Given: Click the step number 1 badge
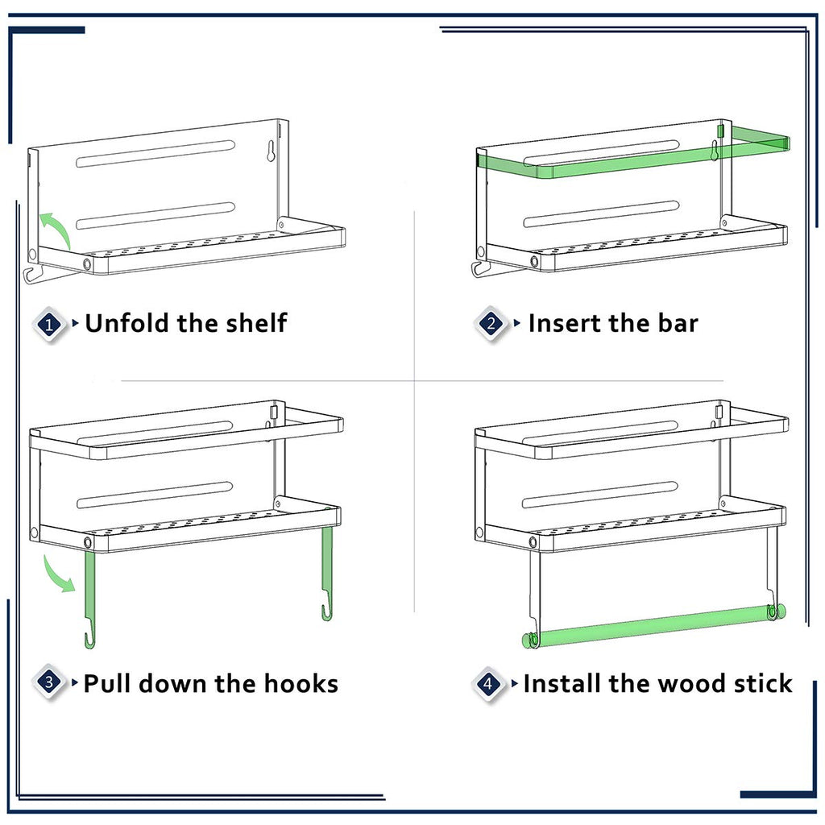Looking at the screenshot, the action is coord(49,324).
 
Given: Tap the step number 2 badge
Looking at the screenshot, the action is coord(491,323).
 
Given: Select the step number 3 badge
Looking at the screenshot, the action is coord(49,682).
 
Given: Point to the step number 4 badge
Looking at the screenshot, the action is coord(488,683).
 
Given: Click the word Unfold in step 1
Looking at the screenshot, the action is coord(128,323).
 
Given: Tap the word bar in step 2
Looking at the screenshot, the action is coord(678,323).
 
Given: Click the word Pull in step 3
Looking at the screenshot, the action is coord(107,683).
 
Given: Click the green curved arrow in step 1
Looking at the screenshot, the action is coord(57,228).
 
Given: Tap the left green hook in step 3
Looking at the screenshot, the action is coord(90,599).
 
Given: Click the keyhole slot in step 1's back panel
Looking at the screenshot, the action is coord(271,151).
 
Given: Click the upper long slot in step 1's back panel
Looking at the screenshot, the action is coord(155,154).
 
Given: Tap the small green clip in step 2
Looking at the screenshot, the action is coord(720,131).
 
